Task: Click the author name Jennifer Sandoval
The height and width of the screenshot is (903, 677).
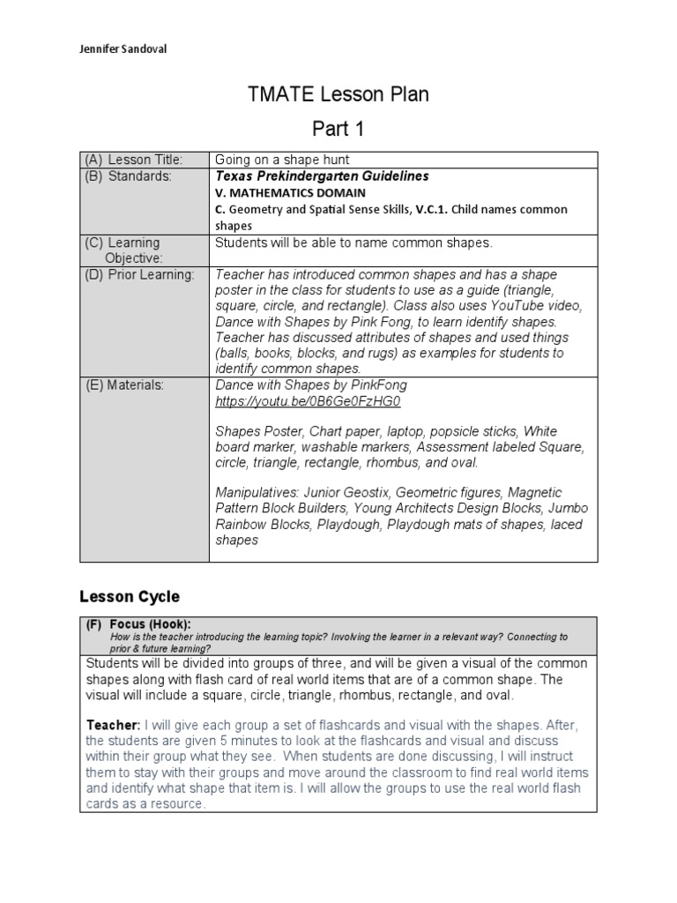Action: [x=123, y=49]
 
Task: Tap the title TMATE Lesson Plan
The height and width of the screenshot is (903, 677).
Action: [x=338, y=94]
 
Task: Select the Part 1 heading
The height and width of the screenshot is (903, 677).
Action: [x=338, y=129]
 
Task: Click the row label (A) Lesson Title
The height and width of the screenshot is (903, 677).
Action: [x=133, y=160]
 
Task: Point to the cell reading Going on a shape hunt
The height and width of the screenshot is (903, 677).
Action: [x=282, y=160]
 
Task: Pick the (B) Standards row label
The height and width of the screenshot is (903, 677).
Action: [x=128, y=176]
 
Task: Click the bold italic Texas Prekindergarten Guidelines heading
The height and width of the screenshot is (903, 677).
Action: [x=309, y=176]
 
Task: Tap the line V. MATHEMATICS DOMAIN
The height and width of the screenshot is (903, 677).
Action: [x=290, y=192]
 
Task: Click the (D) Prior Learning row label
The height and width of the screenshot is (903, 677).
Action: [x=139, y=275]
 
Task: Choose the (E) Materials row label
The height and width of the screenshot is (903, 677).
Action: [x=124, y=385]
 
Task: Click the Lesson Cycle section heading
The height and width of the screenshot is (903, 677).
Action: [x=130, y=596]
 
